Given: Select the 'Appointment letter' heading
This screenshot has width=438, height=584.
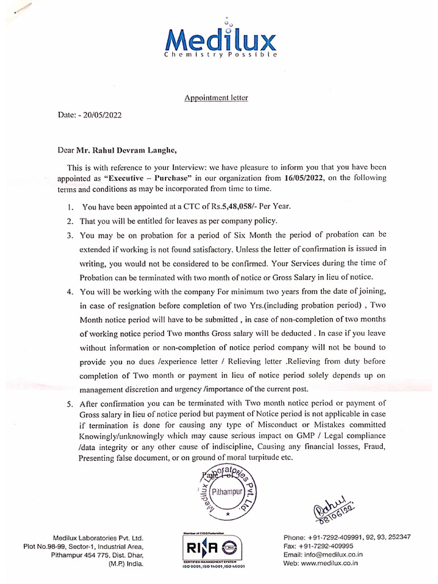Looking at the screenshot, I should pos(216,98).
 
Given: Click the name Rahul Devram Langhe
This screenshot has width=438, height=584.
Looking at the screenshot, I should pos(130,151).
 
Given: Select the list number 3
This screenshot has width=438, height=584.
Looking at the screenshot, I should pos(68,235).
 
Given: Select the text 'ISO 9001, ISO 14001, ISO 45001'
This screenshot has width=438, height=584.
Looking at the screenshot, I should pos(210,567).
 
